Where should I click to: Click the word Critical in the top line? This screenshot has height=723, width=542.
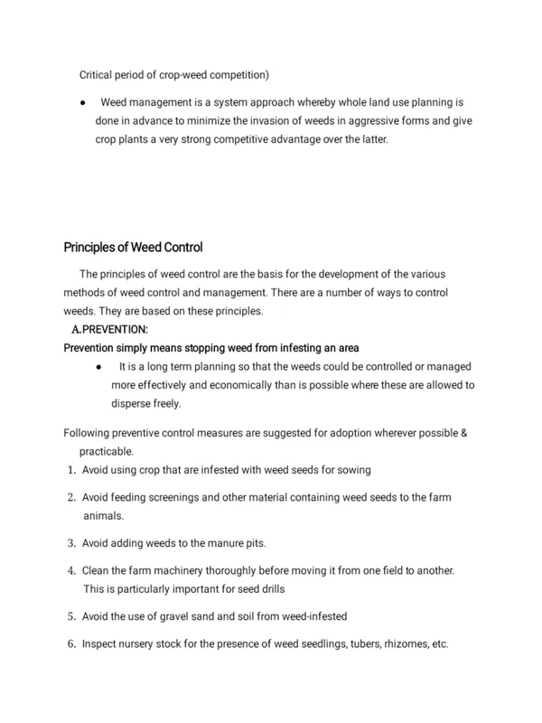click(100, 76)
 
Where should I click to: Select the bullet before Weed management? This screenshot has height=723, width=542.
click(82, 104)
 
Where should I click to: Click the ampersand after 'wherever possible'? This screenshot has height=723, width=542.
click(463, 433)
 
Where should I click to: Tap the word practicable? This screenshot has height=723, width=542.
click(108, 450)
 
